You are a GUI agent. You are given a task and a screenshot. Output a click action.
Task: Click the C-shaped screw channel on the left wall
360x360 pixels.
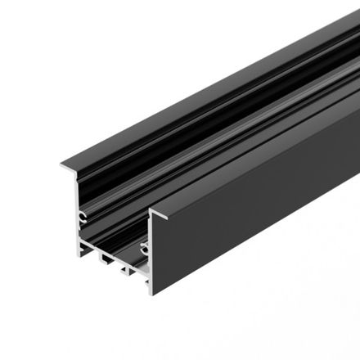(83, 218)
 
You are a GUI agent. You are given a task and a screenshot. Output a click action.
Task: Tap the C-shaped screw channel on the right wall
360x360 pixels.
(143, 245)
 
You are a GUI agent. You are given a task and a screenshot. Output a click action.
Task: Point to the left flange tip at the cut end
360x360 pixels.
(62, 166)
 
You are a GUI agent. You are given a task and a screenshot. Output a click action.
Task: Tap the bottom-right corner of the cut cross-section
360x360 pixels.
(151, 292)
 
